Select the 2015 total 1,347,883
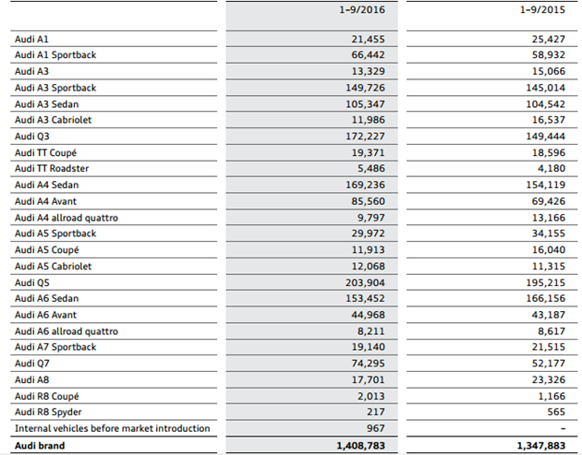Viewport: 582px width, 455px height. point(540,446)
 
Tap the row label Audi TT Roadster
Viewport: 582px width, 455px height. point(52,169)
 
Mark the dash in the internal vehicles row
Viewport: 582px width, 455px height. point(563,429)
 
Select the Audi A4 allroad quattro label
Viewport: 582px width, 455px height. point(67,218)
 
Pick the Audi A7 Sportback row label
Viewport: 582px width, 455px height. point(55,348)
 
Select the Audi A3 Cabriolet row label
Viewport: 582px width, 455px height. point(53,120)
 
